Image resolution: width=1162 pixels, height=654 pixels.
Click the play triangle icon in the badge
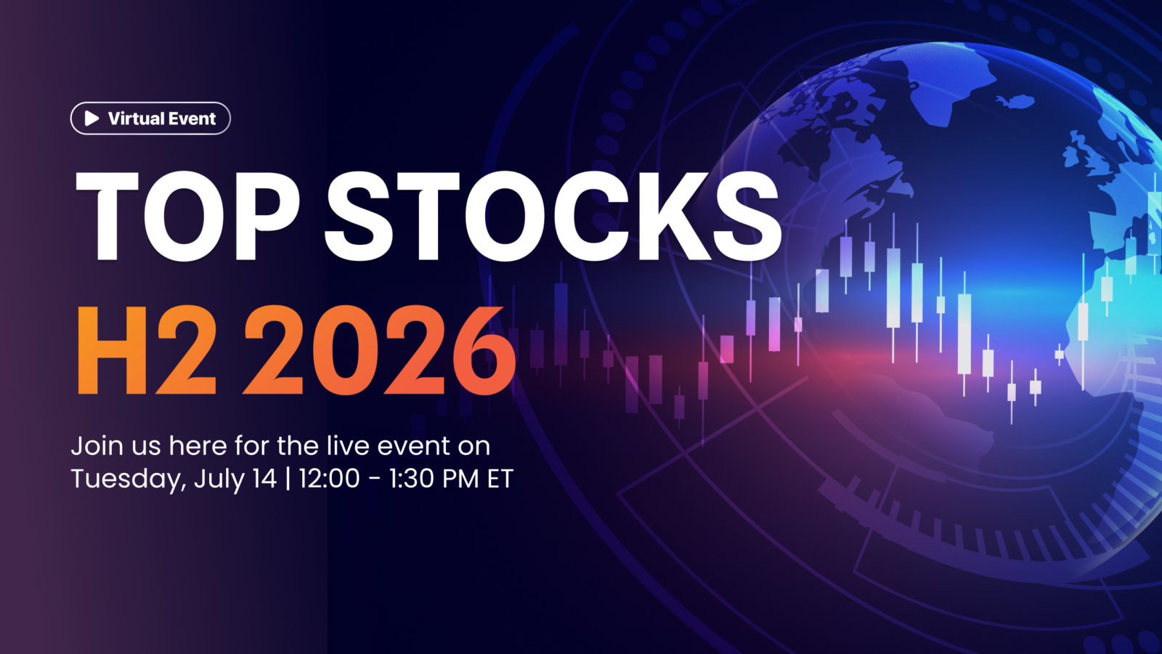[x=92, y=118]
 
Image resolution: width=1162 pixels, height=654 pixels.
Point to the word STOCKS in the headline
[x=553, y=216]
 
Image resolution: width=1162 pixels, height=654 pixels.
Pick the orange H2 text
[x=146, y=350]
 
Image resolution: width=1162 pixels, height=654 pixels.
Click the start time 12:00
[x=329, y=479]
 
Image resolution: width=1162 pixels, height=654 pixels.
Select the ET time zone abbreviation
[x=500, y=479]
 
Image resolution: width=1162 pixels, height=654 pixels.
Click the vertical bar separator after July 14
[x=288, y=479]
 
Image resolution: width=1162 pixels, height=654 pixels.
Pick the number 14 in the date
[x=264, y=479]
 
